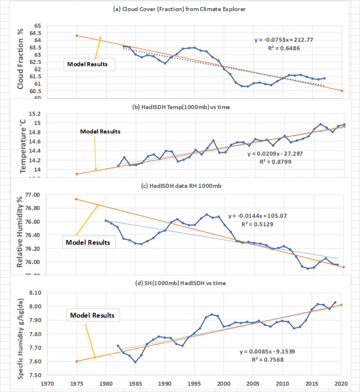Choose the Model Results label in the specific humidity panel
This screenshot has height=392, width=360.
click(x=94, y=315)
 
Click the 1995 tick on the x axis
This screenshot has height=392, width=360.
click(x=194, y=383)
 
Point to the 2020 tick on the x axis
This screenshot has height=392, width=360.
click(x=342, y=383)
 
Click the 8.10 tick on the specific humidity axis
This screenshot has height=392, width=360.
click(x=35, y=293)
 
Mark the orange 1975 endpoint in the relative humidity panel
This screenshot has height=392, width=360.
click(x=77, y=199)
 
